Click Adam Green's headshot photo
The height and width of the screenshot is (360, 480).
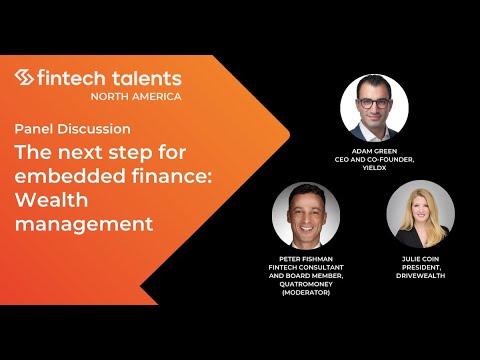[375, 108]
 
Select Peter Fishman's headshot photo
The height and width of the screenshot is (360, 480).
[306, 214]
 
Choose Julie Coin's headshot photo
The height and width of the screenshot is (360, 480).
[420, 214]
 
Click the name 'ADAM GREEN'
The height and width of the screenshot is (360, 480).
[375, 151]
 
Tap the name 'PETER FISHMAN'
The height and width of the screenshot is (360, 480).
[306, 258]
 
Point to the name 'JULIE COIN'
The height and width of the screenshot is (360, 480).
[420, 258]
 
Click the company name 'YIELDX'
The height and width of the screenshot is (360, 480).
[375, 169]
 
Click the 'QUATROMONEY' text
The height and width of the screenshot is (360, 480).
[306, 285]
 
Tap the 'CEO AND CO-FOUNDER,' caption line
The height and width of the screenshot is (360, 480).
[375, 160]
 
